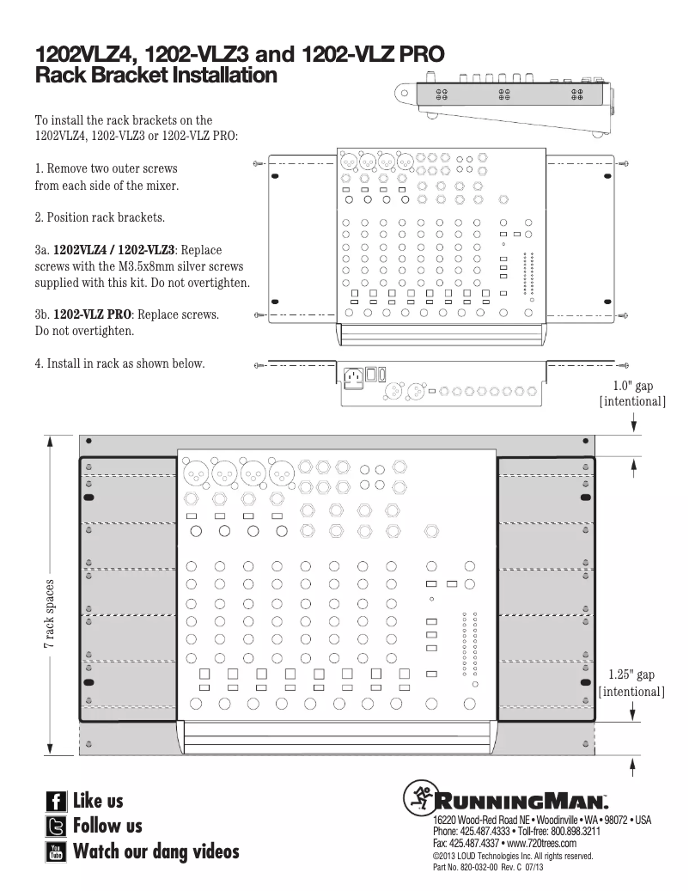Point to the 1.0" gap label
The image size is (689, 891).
[634, 387]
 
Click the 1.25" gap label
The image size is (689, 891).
[631, 675]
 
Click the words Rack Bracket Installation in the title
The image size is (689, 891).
[155, 76]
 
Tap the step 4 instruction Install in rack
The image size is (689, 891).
[119, 363]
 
